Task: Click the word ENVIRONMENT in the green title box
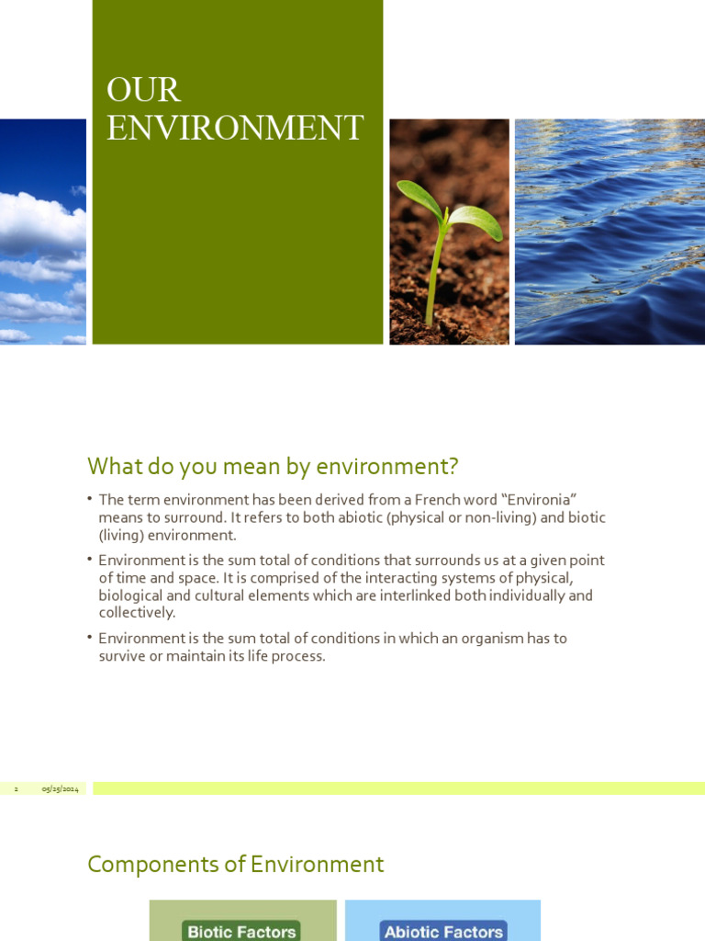pos(235,128)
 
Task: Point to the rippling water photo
pos(610,232)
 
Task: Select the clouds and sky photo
pos(42,232)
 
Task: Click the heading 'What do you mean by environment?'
pos(273,467)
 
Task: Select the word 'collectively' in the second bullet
pos(136,613)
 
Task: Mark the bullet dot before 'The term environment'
pos(91,498)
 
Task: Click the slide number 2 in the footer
pos(16,789)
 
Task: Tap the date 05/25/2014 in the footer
pos(60,789)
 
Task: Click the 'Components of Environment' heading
pos(235,865)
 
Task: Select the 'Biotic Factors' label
pos(241,931)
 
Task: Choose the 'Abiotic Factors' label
pos(443,931)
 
